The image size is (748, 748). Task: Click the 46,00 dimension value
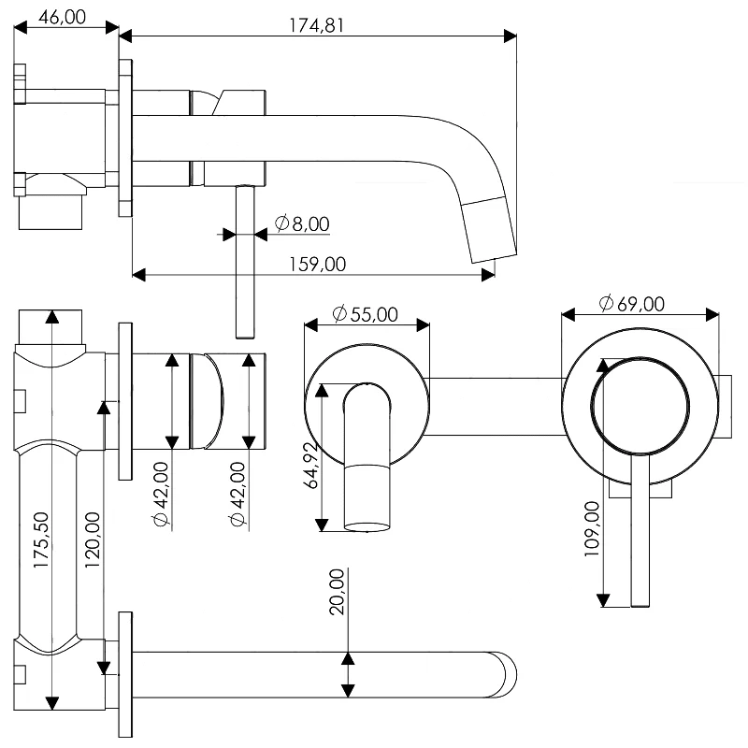[x=62, y=17]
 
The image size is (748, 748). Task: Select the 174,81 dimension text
[x=316, y=25]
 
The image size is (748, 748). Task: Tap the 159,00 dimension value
[x=318, y=265]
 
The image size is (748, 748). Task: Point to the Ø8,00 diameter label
[x=302, y=223]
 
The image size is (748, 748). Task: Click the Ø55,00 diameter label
[x=365, y=314]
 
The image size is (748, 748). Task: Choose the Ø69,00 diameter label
[x=632, y=303]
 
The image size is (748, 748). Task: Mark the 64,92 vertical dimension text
[x=311, y=466]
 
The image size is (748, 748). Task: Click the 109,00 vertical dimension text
[x=592, y=528]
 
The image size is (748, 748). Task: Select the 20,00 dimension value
[x=338, y=592]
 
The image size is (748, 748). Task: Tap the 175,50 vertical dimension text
[x=41, y=539]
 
